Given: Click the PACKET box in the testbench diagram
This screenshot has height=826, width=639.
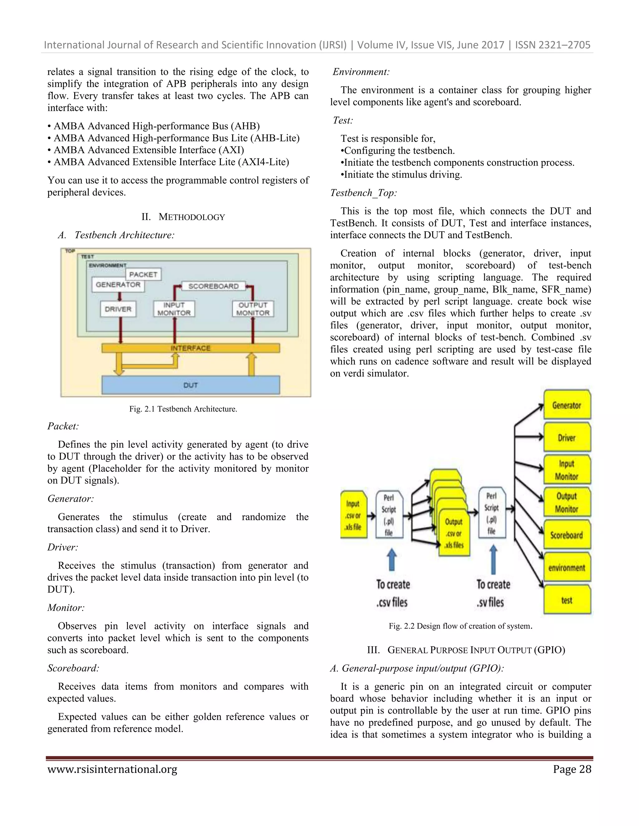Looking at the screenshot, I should tap(143, 274).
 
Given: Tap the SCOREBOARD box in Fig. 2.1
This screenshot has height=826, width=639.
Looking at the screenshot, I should tap(213, 286).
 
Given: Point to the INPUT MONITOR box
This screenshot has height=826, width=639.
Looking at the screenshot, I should tap(174, 309).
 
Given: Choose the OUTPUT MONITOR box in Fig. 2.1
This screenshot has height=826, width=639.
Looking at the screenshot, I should tap(253, 309).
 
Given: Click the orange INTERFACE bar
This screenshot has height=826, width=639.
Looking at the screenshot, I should tap(190, 348).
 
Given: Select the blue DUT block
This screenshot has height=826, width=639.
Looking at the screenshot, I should tap(190, 385).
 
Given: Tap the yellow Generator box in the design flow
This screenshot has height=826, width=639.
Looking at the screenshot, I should tap(567, 405).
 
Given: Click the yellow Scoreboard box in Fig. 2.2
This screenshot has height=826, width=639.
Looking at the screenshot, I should tap(567, 535).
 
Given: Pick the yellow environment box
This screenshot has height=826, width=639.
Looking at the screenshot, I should tap(567, 568).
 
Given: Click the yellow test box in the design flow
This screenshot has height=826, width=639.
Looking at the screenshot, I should tap(567, 600).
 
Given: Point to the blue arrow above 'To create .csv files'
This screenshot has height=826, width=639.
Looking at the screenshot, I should tap(392, 559).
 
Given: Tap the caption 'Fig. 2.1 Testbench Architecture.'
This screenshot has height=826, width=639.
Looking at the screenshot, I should tap(183, 409).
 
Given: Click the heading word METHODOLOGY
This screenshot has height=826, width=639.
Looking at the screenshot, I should tap(192, 217).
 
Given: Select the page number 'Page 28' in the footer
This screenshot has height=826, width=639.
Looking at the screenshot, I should tap(572, 769).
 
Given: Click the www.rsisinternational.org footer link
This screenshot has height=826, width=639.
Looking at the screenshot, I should tap(112, 769).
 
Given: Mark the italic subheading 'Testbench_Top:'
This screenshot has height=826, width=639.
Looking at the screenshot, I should tap(363, 193).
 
